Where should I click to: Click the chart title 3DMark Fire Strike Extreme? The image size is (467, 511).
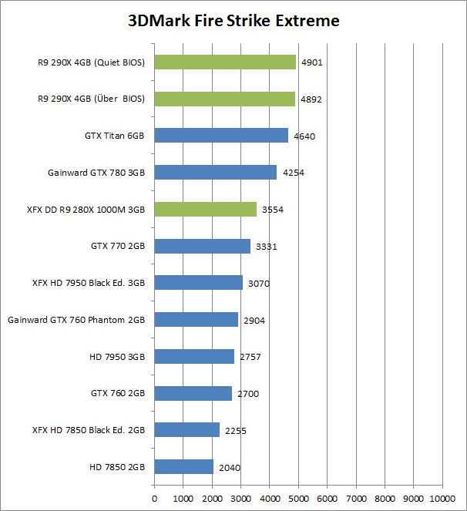coord(233,21)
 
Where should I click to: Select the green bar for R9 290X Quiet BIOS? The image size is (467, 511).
coord(225,62)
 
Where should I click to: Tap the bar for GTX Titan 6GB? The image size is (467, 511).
coord(221,136)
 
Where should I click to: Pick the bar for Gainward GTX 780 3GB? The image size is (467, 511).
coord(216,173)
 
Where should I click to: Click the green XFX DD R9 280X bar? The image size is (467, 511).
coord(206,209)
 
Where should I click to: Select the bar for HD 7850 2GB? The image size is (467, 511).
coord(184,466)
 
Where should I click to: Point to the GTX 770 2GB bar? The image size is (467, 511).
coord(203,246)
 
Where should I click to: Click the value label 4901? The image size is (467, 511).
coord(311,62)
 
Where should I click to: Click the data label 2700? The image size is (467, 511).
coord(248,394)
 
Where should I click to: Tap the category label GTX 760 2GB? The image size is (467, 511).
coord(118,393)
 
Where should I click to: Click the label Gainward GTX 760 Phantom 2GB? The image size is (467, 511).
coord(76,320)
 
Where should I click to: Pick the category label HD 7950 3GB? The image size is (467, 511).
coord(118,356)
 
